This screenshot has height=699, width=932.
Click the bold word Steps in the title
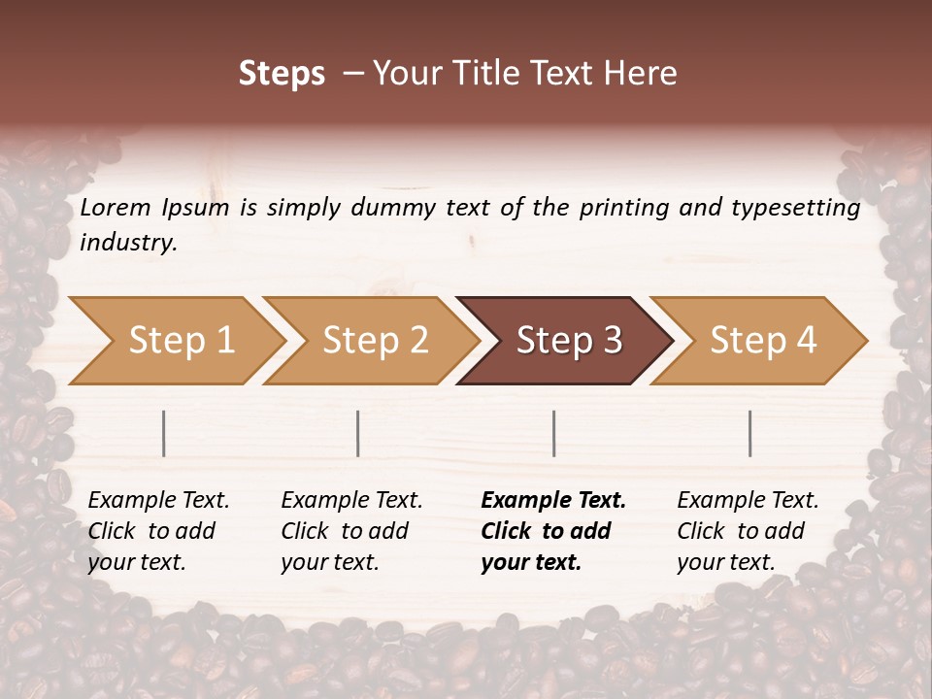(x=282, y=74)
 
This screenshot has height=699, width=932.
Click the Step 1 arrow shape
(x=175, y=341)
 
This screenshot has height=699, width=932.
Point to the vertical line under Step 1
(x=164, y=433)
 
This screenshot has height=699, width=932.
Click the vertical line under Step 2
(x=358, y=433)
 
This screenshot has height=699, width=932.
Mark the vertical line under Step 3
(x=554, y=433)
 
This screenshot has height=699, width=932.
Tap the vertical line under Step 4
(x=750, y=433)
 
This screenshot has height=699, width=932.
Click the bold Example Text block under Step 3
(x=553, y=531)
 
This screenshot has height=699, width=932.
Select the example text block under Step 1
(x=158, y=531)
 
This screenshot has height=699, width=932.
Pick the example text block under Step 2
(x=351, y=531)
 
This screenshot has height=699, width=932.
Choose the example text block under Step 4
(x=748, y=531)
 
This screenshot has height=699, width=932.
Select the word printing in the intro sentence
(x=626, y=208)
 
